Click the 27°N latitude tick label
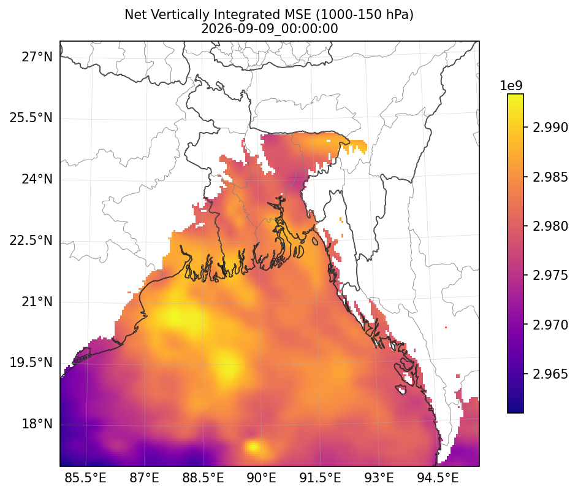click(x=37, y=57)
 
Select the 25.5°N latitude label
click(x=31, y=118)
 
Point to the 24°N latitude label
click(x=37, y=179)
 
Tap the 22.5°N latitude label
click(x=31, y=241)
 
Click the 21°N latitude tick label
click(x=37, y=302)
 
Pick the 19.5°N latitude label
click(x=31, y=363)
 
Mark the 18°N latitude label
click(x=37, y=424)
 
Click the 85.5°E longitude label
click(x=86, y=478)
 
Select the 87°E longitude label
click(x=144, y=478)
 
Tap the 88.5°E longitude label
click(x=203, y=478)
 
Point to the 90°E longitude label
click(x=261, y=478)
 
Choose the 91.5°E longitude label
click(x=320, y=478)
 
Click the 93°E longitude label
click(x=379, y=478)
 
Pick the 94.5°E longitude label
click(x=438, y=478)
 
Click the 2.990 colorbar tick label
click(x=550, y=128)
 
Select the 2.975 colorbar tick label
click(x=550, y=276)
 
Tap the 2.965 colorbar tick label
click(x=550, y=374)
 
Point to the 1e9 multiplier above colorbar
click(x=511, y=86)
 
